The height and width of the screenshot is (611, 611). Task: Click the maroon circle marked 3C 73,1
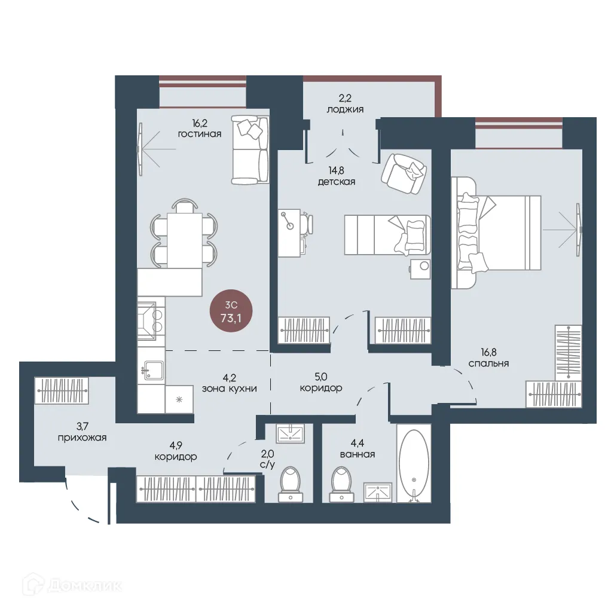tap(231, 311)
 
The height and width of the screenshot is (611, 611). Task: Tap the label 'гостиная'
tap(200, 134)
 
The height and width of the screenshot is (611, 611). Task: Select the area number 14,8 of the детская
tap(336, 170)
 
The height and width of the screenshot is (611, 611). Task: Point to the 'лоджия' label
tap(345, 109)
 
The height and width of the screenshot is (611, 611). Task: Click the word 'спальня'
tap(488, 363)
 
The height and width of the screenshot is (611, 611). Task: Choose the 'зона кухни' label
tap(230, 389)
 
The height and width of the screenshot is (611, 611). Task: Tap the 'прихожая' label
tap(83, 438)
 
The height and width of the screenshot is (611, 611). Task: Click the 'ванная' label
tap(358, 454)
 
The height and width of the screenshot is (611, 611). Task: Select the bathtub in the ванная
tap(414, 463)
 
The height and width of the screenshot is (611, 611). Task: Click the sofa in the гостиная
tap(250, 149)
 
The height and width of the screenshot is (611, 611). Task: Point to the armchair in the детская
tap(404, 173)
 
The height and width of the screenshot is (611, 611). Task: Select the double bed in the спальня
tap(496, 233)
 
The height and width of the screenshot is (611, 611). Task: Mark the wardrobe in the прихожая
tap(62, 390)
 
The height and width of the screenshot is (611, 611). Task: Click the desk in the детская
tap(289, 233)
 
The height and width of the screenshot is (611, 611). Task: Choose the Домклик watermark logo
tap(72, 585)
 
